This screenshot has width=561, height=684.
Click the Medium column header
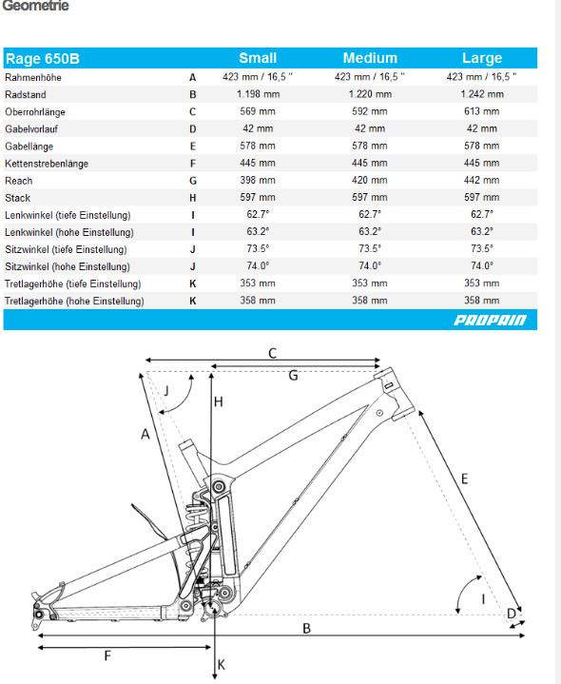tap(370, 58)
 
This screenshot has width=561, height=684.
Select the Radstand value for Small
tap(258, 94)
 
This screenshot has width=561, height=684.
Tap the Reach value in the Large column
tap(482, 180)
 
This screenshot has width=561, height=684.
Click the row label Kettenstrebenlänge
tap(47, 164)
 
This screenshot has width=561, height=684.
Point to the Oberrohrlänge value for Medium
tap(370, 111)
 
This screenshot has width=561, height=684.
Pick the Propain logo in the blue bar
tap(490, 320)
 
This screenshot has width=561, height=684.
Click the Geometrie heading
tap(35, 6)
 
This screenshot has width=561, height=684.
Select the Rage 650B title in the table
tap(42, 58)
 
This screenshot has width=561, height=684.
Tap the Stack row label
tap(17, 198)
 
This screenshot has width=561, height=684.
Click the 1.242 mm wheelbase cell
tap(482, 94)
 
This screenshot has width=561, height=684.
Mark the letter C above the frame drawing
tap(273, 353)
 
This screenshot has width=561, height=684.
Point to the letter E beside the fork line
tap(464, 479)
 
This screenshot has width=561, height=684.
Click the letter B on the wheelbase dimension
tap(306, 628)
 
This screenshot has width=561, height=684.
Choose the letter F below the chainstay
tap(107, 655)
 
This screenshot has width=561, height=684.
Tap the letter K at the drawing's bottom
tap(221, 664)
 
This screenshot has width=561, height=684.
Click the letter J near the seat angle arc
tap(166, 390)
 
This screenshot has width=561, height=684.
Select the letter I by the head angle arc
tap(483, 599)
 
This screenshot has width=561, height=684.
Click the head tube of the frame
tap(394, 394)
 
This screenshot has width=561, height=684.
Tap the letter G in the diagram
tap(293, 375)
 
